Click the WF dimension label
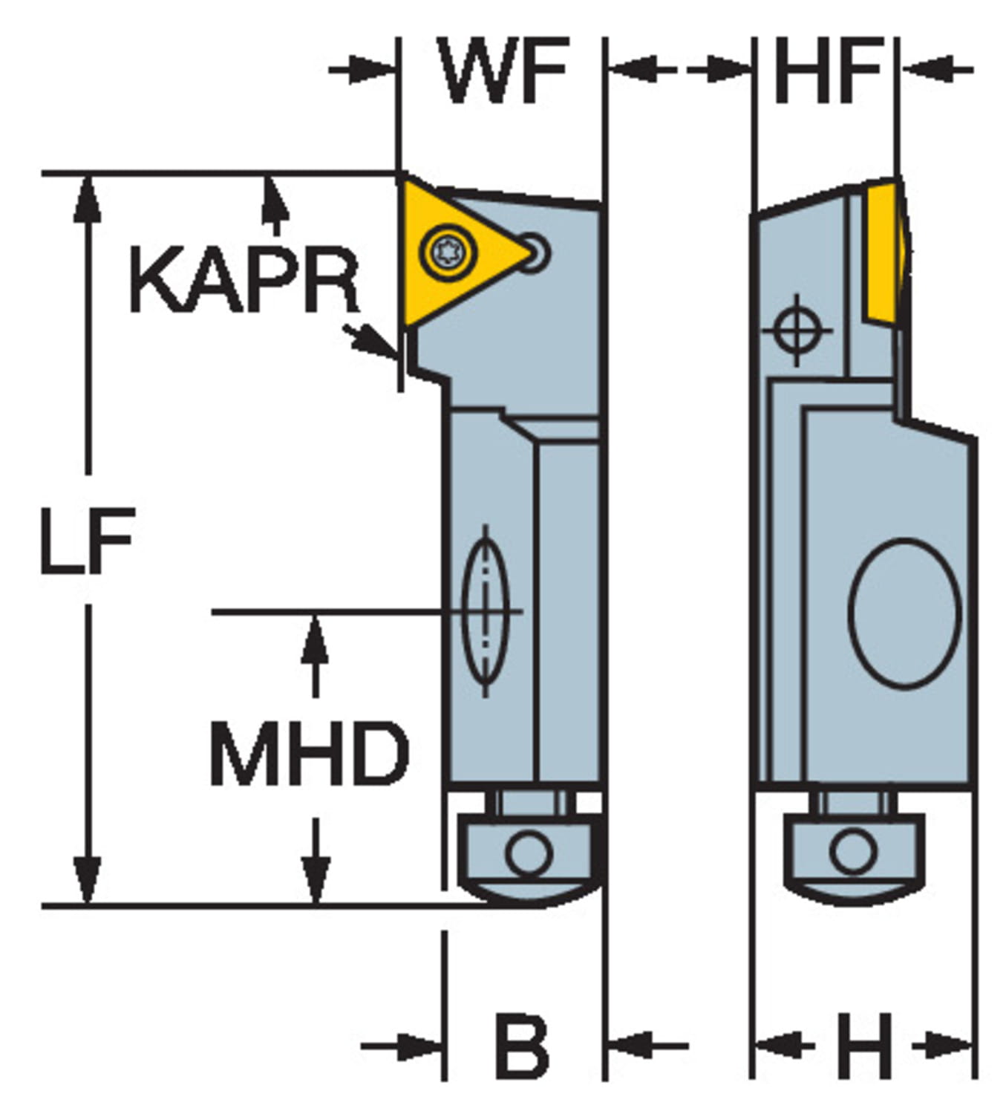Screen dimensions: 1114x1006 coord(504,71)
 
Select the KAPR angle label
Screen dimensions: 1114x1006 coord(244,281)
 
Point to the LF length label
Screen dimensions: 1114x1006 coord(86,540)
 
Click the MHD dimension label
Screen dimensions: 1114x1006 coord(309,753)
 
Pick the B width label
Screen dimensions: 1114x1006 coord(522,1046)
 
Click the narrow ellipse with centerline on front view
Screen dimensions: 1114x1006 coord(485,611)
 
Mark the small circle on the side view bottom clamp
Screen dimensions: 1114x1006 coord(853,851)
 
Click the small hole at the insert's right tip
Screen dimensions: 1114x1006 coord(535,251)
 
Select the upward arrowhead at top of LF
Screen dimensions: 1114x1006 coord(88,196)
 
